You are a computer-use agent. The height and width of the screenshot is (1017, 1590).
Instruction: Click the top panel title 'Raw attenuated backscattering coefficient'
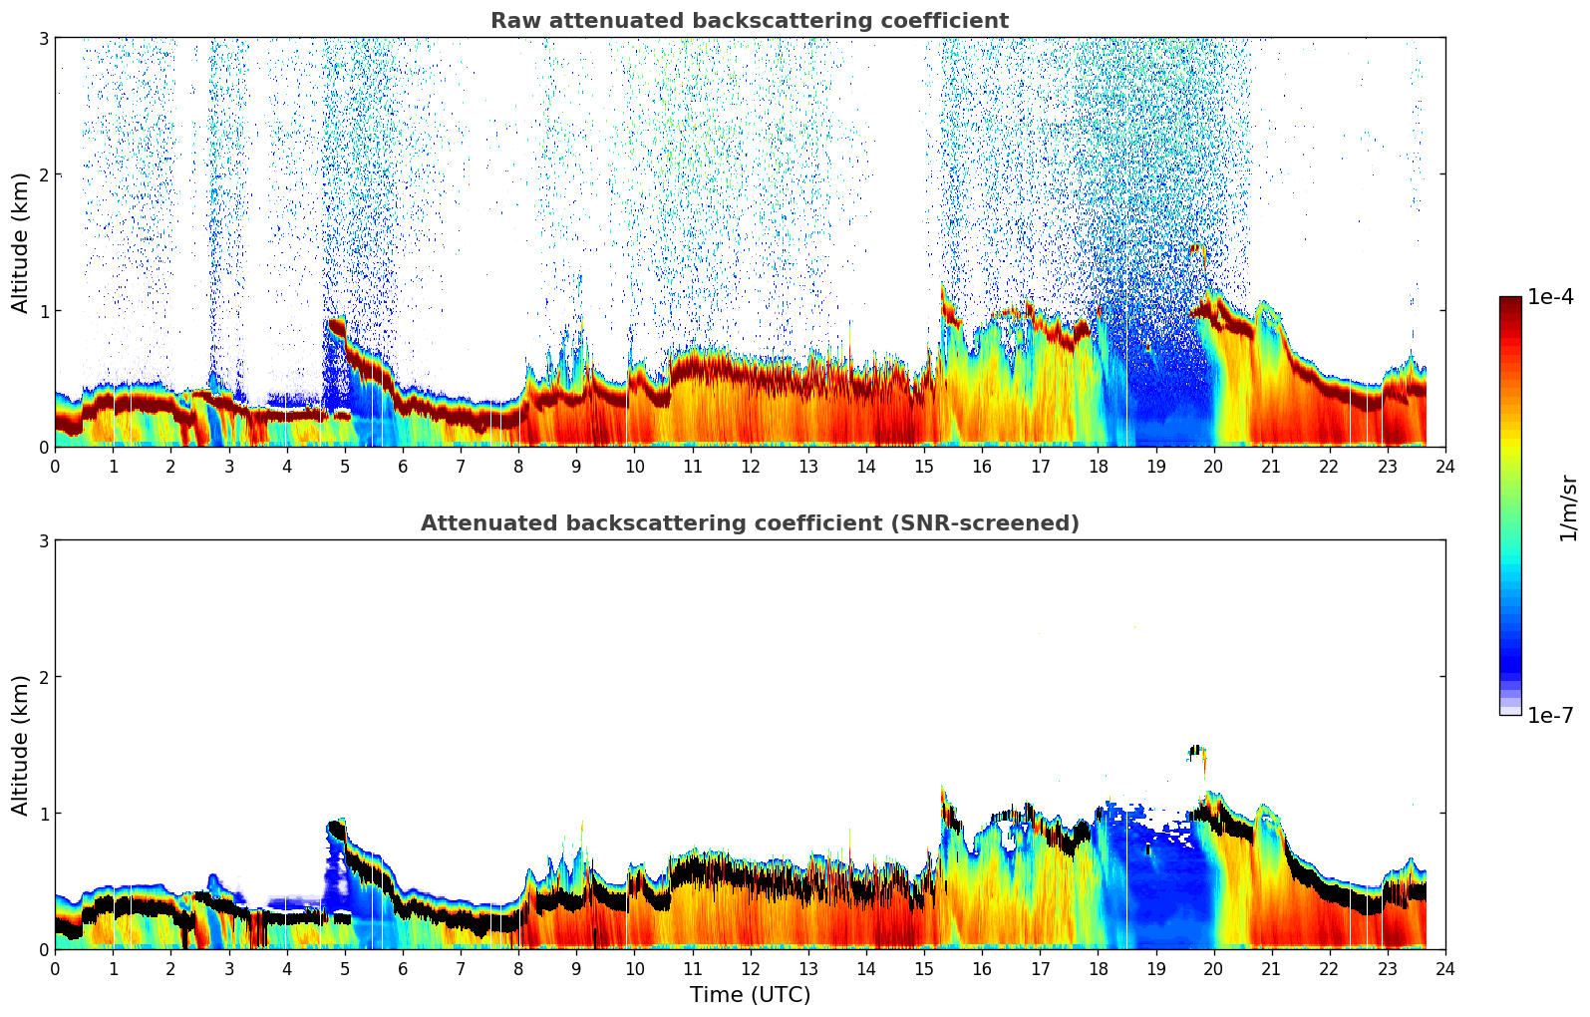[x=749, y=21]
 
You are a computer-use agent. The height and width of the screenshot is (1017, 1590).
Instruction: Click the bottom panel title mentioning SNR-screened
[x=749, y=523]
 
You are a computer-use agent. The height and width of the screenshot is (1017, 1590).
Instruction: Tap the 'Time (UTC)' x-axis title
[x=750, y=994]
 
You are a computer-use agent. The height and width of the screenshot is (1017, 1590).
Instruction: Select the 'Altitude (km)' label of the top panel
[x=21, y=242]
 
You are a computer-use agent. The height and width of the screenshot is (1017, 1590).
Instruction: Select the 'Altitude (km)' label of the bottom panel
[x=21, y=745]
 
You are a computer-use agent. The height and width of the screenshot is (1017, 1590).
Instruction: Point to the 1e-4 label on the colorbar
[x=1550, y=297]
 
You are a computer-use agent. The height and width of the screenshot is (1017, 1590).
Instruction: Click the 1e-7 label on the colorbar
[x=1550, y=715]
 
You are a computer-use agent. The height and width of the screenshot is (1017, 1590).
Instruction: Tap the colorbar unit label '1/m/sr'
[x=1568, y=508]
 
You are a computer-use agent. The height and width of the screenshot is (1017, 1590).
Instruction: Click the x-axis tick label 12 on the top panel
[x=750, y=466]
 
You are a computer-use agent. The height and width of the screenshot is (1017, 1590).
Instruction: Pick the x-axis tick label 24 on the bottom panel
[x=1444, y=968]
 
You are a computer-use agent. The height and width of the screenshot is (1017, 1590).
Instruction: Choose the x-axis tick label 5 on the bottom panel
[x=345, y=968]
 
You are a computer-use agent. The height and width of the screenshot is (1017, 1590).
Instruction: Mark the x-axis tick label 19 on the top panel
[x=1155, y=466]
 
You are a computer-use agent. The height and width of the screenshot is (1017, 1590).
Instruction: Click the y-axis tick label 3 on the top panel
[x=44, y=38]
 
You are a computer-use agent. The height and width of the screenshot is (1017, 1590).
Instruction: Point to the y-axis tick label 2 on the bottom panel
[x=44, y=677]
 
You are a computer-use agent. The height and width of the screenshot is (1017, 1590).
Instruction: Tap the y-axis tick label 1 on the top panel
[x=44, y=311]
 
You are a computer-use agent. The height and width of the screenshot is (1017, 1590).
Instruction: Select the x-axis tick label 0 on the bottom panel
[x=55, y=968]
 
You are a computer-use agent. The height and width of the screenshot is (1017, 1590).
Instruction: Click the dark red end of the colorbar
[x=1509, y=302]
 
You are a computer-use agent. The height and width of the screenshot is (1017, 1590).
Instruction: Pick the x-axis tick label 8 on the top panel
[x=518, y=466]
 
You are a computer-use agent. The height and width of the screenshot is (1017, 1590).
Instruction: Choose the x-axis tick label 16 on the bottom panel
[x=982, y=968]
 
